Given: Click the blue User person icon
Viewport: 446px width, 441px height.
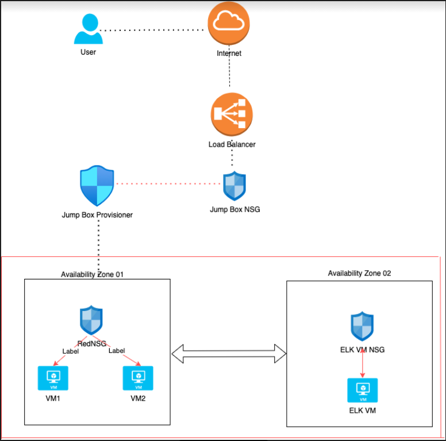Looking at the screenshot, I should click(88, 29).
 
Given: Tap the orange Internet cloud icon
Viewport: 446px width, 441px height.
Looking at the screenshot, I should click(229, 24).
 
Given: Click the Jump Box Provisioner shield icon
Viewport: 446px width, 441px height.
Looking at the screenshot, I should click(97, 186).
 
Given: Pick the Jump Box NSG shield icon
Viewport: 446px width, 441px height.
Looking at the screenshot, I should click(234, 186).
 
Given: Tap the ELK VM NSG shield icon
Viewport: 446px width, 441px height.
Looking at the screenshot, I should click(363, 327).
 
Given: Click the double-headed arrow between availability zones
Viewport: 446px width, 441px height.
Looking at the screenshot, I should click(229, 354).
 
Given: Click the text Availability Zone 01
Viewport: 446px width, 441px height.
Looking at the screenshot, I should click(92, 274).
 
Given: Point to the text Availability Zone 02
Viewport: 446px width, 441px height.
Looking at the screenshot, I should click(359, 273).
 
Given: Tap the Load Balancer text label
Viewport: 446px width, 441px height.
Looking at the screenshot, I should click(232, 144).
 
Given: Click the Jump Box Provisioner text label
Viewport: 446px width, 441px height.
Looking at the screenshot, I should click(97, 215).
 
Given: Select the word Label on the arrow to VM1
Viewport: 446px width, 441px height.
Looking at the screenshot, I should click(70, 351).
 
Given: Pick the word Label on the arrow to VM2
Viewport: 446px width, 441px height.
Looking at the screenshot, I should click(117, 350).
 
